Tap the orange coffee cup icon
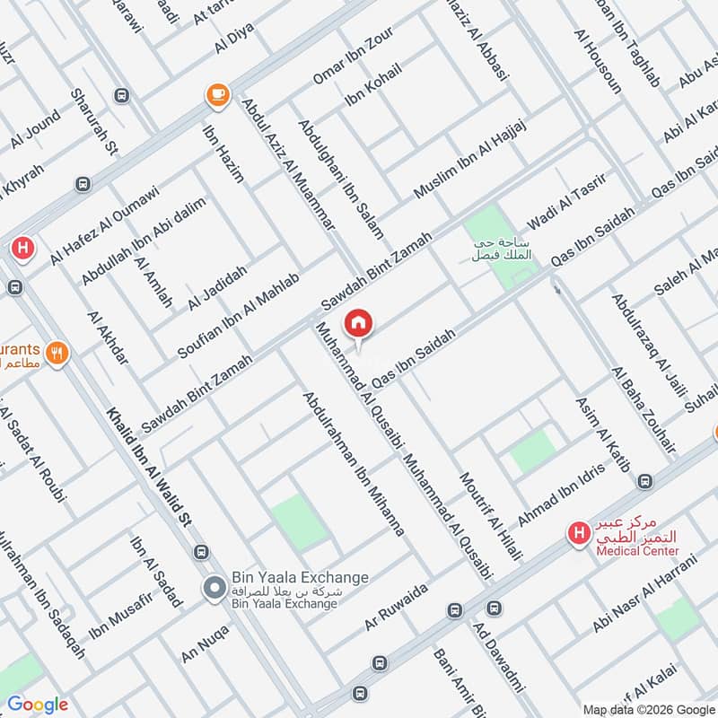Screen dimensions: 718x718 (216, 93)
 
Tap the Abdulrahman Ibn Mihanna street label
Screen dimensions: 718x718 (354, 464)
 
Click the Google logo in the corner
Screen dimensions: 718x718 (38, 705)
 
